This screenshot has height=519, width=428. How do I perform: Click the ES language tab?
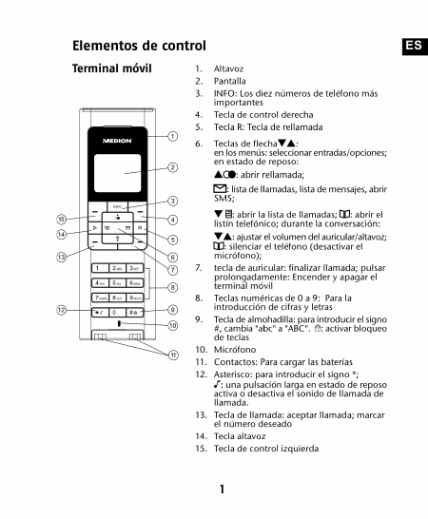point(415,47)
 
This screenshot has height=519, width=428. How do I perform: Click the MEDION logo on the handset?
point(117,141)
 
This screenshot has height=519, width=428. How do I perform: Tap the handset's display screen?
point(118,173)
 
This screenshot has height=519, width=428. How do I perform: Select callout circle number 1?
point(172,136)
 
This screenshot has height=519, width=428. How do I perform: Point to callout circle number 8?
point(172,287)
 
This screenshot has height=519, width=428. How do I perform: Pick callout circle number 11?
point(174,356)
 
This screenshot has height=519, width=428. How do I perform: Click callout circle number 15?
point(62,220)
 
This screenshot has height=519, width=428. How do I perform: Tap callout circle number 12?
point(61,310)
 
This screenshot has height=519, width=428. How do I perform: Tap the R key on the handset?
point(140,228)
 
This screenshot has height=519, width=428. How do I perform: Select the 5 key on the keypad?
point(117,282)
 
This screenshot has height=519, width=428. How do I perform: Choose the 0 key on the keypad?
point(117,312)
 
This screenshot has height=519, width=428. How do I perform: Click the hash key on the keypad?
point(135,312)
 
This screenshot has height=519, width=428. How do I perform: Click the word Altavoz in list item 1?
point(228,68)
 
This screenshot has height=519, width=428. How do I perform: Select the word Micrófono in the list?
point(235,350)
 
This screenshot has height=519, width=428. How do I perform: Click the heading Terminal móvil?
point(112,68)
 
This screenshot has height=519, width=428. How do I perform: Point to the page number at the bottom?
point(222,489)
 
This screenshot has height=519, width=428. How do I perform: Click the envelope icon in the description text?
point(220,189)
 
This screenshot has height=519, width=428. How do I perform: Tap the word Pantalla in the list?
point(230,81)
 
